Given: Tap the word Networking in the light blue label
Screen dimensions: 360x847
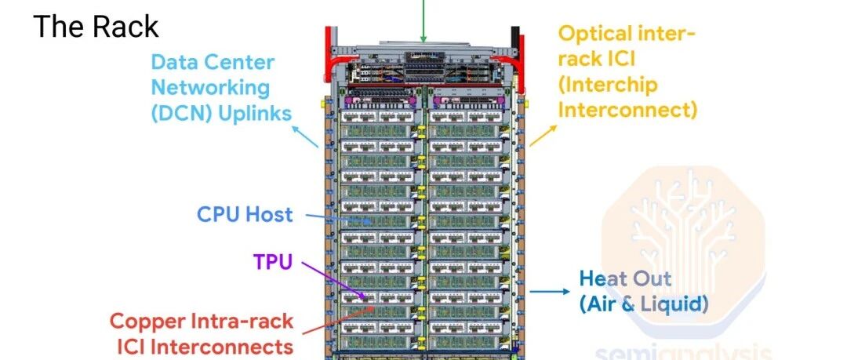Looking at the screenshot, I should tap(210, 87).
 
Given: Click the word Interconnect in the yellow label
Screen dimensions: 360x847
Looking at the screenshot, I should tap(627, 109).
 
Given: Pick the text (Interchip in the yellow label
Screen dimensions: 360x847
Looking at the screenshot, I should tap(608, 85).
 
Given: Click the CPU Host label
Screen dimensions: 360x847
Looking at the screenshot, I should tap(244, 213).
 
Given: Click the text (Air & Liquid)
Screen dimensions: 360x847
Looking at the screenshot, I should tap(643, 303).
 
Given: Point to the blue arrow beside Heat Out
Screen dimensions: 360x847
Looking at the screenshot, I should tap(549, 292).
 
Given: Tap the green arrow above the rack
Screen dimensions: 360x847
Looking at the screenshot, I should tap(423, 20).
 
